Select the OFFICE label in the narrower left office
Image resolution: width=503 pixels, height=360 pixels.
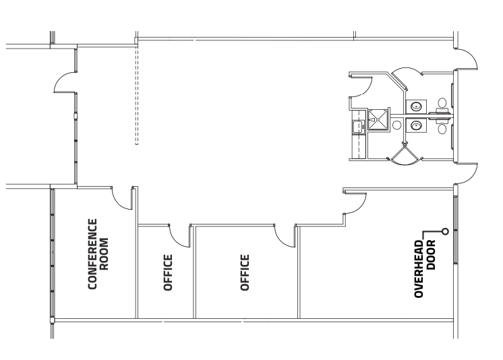[x=169, y=272]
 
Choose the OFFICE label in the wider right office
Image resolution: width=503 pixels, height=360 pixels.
[x=245, y=272]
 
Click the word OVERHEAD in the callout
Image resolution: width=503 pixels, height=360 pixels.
[x=419, y=269]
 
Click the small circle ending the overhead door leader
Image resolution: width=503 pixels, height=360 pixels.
[x=445, y=233]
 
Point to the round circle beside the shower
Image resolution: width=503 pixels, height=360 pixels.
[x=397, y=125]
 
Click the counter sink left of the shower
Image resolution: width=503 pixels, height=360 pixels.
[x=357, y=125]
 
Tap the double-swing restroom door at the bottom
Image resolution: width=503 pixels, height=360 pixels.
[x=405, y=156]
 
